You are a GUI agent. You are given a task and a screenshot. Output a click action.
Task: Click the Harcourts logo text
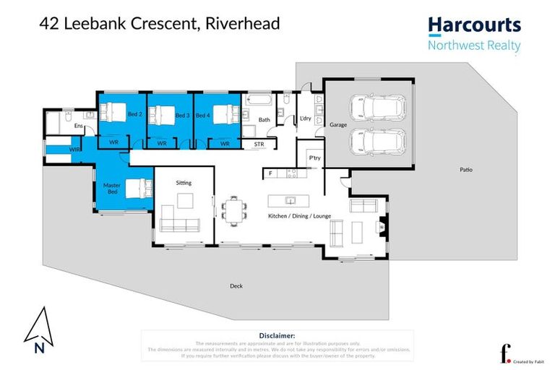pos(473,25)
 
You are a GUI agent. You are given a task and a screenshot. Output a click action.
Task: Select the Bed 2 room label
pos(134,114)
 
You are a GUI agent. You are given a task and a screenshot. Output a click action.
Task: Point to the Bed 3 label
pos(183,115)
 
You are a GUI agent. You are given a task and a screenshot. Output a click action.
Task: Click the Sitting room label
pos(184,183)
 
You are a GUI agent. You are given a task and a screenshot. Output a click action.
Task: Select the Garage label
pos(338,125)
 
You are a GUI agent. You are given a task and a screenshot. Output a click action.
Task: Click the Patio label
pos(465,170)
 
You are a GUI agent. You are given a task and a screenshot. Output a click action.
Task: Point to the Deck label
pos(236,286)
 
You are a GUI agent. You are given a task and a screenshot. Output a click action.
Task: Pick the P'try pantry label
pos(314,158)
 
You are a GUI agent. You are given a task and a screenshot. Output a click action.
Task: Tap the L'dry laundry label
pos(305,119)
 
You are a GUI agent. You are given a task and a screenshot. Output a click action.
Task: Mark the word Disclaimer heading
pos(277,336)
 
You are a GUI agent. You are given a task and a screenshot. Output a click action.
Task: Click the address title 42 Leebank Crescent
pos(159,25)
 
